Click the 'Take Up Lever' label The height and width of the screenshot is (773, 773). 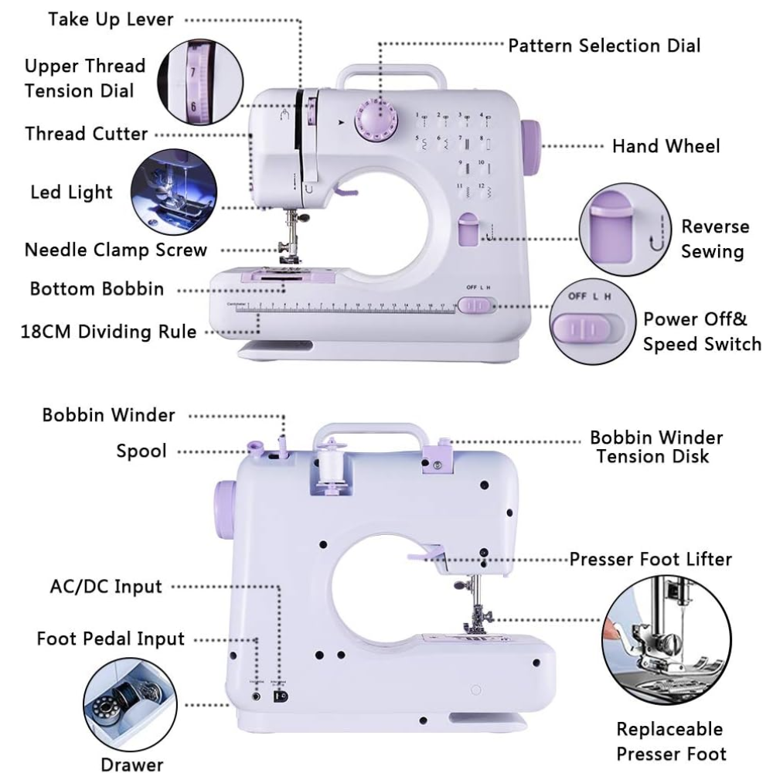tap(111, 19)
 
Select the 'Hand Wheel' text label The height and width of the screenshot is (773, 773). tap(666, 146)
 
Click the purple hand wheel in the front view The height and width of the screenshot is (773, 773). tap(531, 145)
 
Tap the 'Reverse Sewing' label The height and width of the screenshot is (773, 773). tap(714, 239)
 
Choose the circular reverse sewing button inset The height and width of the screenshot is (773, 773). tap(621, 230)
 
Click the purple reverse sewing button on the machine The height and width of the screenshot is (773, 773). tap(468, 230)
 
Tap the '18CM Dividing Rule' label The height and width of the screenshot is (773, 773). tap(109, 332)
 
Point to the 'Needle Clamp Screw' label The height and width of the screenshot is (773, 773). tap(116, 250)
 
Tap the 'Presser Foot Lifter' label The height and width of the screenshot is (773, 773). tap(650, 558)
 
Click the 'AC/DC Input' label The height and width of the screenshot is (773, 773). tap(101, 586)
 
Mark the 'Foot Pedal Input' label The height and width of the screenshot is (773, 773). tap(111, 639)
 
